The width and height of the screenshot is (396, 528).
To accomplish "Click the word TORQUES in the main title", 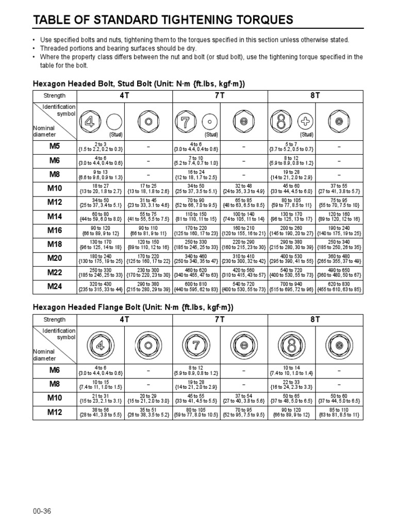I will pyautogui.click(x=260, y=20).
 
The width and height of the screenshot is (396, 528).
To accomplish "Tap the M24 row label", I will pyautogui.click(x=55, y=286).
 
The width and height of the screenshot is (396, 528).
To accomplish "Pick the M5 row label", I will pyautogui.click(x=55, y=146).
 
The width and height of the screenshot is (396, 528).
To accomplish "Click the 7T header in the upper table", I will pyautogui.click(x=220, y=95).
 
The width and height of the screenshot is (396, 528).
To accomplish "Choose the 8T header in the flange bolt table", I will pyautogui.click(x=315, y=320).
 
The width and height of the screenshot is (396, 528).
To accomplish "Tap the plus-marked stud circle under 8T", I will pyautogui.click(x=306, y=122).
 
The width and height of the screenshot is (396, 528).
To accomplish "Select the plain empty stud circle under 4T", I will pyautogui.click(x=114, y=122).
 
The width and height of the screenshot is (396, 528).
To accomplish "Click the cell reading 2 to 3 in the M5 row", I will pyautogui.click(x=101, y=146).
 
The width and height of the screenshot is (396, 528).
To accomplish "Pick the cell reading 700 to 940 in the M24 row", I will pyautogui.click(x=291, y=286).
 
